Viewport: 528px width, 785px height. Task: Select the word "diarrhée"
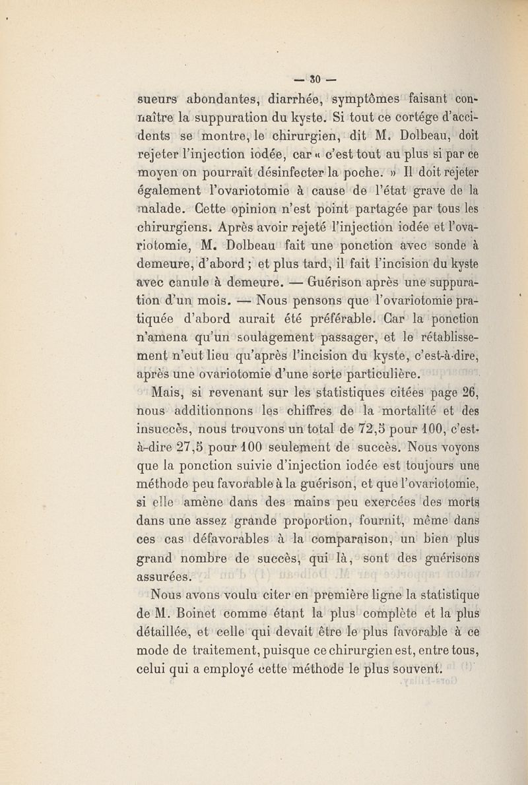pos(294,101)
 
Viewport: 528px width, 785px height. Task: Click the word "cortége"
pos(393,123)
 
